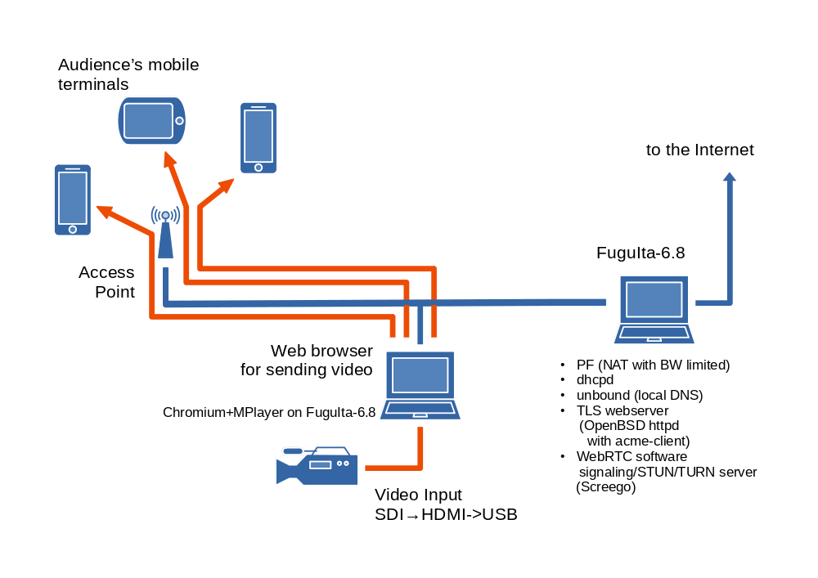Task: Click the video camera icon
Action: tap(317, 466)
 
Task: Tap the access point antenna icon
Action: tap(165, 233)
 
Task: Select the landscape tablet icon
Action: tap(151, 120)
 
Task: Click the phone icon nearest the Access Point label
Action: tap(73, 200)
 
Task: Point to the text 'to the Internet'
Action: tap(699, 150)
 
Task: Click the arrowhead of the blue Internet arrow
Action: tap(730, 176)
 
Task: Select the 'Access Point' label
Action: tap(107, 282)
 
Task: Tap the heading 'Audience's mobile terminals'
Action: tap(128, 74)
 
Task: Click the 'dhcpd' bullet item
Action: tap(595, 379)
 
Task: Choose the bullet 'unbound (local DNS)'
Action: tap(639, 395)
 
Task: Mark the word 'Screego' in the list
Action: tap(606, 487)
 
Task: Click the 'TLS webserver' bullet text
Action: tap(622, 410)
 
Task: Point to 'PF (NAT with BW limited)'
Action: tap(652, 365)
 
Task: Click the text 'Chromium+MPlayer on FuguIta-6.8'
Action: tap(269, 413)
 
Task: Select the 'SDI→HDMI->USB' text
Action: tap(446, 514)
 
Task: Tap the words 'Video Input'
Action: tap(418, 495)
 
